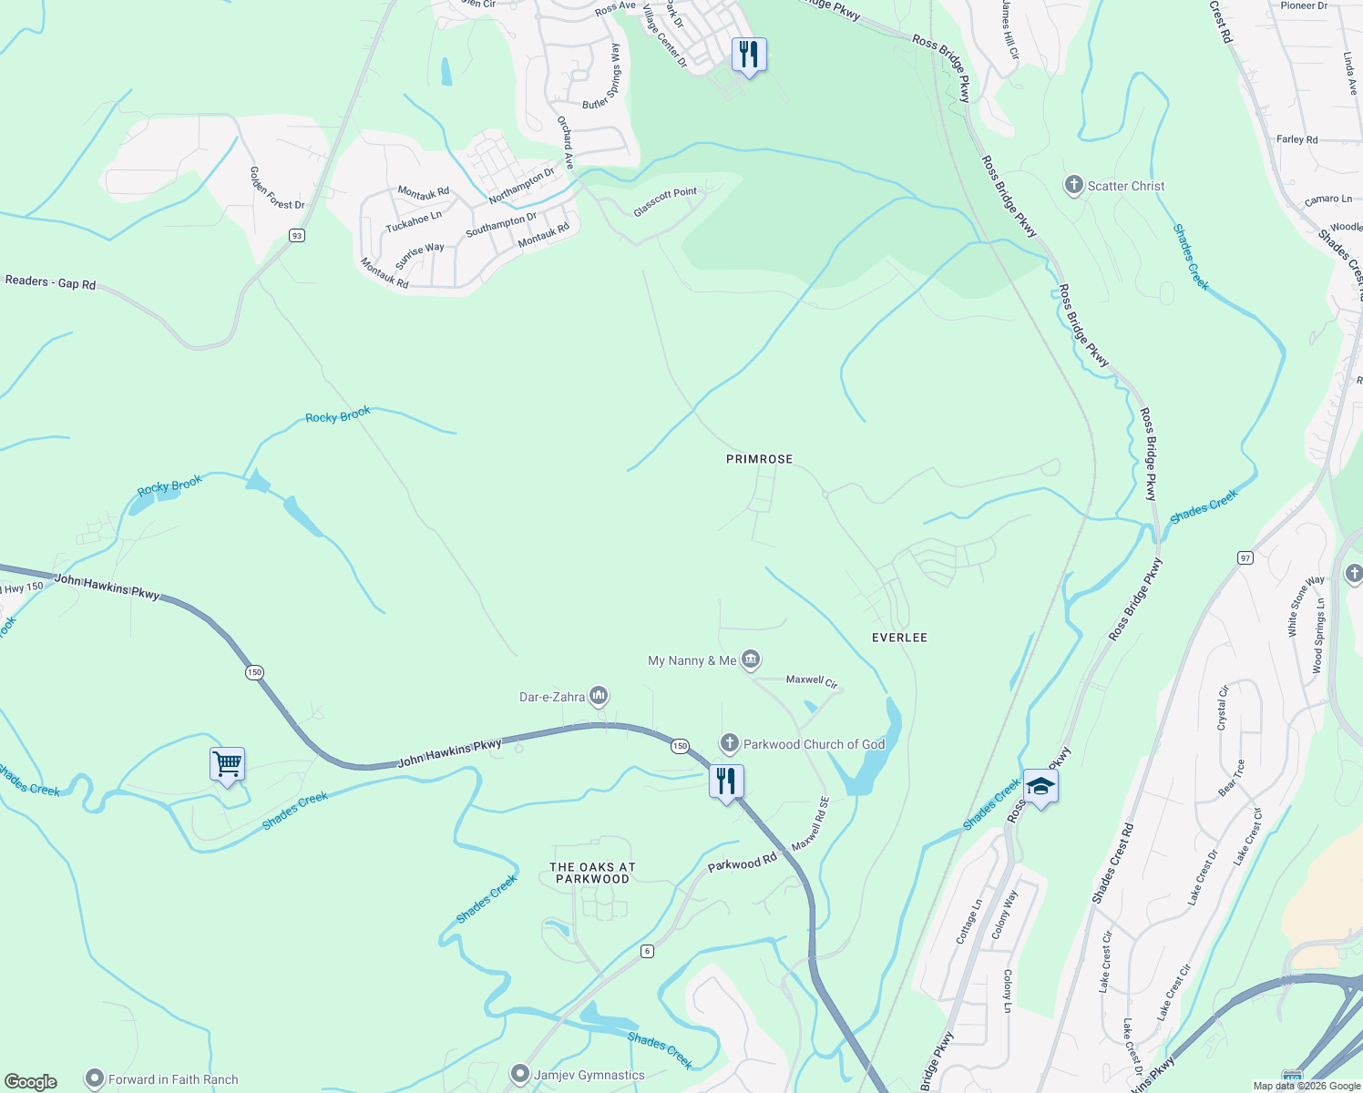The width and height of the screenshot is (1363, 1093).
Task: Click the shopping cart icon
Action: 227,764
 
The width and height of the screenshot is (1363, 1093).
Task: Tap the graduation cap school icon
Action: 1040,786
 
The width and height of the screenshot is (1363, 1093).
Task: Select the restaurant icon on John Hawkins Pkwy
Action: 726,781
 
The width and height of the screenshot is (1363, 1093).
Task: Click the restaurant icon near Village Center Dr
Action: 748,55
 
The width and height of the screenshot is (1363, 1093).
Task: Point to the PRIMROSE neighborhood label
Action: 759,459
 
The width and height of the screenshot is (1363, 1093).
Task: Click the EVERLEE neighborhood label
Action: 899,638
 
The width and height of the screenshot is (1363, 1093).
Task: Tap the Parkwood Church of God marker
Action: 730,744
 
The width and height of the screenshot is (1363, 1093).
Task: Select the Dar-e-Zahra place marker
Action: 599,697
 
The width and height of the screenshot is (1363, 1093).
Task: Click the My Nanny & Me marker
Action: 751,659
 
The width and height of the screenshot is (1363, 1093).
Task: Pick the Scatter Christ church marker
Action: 1073,186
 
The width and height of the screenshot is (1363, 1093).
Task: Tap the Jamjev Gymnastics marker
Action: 520,1075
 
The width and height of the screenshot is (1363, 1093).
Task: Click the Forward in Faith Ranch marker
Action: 95,1079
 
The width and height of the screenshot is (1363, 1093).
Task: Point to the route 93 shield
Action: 296,235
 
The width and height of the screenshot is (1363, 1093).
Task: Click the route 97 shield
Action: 1245,557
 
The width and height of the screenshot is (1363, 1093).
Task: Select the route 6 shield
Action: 647,951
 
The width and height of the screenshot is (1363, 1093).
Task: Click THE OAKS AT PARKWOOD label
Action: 592,873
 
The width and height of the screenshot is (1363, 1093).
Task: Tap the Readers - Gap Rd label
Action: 50,282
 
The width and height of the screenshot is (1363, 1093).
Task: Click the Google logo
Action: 31,1081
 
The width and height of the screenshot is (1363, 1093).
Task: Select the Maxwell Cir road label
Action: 811,680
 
